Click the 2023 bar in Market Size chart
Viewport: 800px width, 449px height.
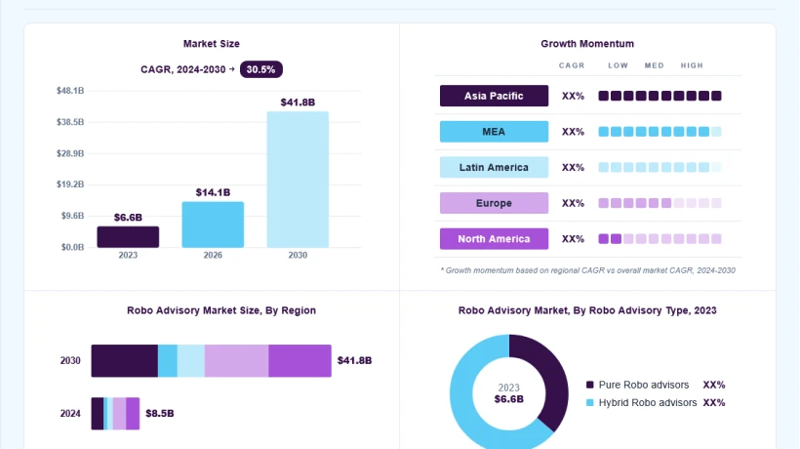128,237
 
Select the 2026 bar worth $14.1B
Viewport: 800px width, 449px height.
213,224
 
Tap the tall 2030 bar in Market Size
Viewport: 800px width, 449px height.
298,180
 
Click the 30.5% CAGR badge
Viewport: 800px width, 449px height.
261,69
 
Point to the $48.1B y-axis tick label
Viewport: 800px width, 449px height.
70,91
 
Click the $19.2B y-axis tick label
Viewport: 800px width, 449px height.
70,184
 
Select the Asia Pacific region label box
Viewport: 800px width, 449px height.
494,96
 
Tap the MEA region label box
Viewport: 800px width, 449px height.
494,132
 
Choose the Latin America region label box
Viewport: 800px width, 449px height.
494,167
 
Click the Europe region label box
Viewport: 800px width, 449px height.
494,203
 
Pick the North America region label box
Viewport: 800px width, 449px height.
494,239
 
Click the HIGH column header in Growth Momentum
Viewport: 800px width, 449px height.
692,65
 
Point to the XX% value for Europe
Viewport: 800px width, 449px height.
573,203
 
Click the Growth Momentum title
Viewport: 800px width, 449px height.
587,44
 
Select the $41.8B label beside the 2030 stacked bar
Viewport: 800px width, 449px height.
354,361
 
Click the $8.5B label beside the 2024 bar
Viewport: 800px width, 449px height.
160,413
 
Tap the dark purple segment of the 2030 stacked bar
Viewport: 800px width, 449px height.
125,361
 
